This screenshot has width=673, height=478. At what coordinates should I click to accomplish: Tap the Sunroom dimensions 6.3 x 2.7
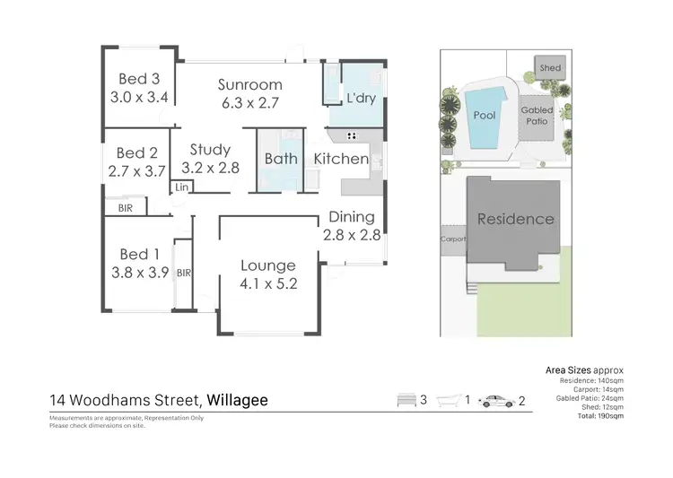tap(250, 102)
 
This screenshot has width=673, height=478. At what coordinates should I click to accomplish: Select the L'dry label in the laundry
tap(360, 98)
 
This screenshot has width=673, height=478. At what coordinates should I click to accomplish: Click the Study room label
tap(210, 150)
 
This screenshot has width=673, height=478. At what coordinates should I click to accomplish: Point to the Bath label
tap(281, 159)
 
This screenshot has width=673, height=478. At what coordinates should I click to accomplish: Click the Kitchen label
tap(341, 159)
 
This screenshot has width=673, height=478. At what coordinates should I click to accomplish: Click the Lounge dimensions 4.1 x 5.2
tap(267, 282)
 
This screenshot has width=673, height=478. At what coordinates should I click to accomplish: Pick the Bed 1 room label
tap(138, 256)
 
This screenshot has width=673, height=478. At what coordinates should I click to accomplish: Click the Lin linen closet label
tap(181, 187)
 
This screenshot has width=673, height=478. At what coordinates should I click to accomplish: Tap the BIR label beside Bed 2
tap(125, 208)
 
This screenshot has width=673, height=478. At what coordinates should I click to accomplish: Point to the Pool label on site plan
tap(485, 116)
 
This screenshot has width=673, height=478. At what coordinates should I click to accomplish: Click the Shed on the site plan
tap(550, 68)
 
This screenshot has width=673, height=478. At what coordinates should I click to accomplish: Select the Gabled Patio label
tap(538, 116)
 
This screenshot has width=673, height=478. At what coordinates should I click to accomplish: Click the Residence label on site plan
tap(515, 219)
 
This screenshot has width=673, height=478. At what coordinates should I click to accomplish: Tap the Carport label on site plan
tap(451, 239)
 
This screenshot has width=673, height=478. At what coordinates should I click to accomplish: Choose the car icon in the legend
tap(495, 401)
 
